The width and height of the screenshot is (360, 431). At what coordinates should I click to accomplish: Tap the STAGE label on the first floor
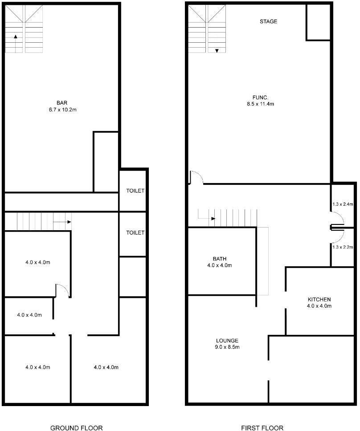tap(268, 21)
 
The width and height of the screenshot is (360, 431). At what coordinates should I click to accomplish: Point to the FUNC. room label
tap(261, 98)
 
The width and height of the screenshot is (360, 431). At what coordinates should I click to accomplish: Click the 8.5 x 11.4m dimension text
tap(260, 105)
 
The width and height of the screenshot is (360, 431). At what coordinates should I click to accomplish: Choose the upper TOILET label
tap(135, 191)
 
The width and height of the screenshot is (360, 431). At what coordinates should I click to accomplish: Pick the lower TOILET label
tap(135, 232)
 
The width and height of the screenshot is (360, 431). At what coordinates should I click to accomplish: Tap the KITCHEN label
tap(319, 299)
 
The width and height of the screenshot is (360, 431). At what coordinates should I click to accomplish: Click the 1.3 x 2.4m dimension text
tap(343, 204)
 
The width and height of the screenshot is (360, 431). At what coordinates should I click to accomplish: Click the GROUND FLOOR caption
tap(76, 428)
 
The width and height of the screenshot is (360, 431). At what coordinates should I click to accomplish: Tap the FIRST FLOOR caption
tap(262, 428)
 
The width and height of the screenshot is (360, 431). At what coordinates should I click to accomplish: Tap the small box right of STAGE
tap(318, 22)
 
